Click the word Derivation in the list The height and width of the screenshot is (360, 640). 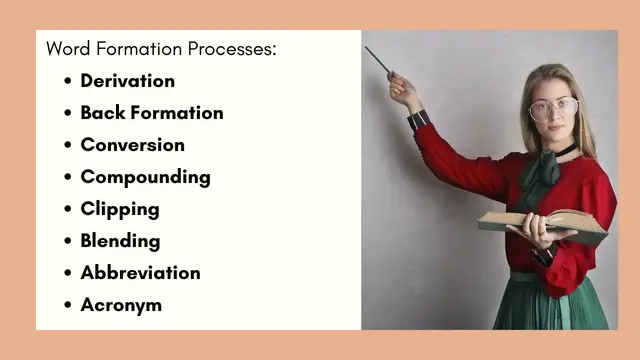tap(127, 81)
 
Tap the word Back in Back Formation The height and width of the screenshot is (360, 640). tap(101, 113)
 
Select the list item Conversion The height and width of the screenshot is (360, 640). tap(132, 145)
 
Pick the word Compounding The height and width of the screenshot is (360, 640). tap(145, 177)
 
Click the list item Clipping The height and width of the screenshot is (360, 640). tap(119, 209)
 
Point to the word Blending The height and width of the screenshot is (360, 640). tap(120, 241)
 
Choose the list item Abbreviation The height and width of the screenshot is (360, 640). tap(140, 273)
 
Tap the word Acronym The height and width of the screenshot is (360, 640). tap(120, 305)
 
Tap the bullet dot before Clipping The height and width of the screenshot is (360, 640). tap(67, 210)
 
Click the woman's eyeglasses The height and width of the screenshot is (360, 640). tap(553, 107)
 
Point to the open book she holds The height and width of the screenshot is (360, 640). tap(540, 220)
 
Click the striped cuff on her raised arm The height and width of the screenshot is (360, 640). tap(419, 121)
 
